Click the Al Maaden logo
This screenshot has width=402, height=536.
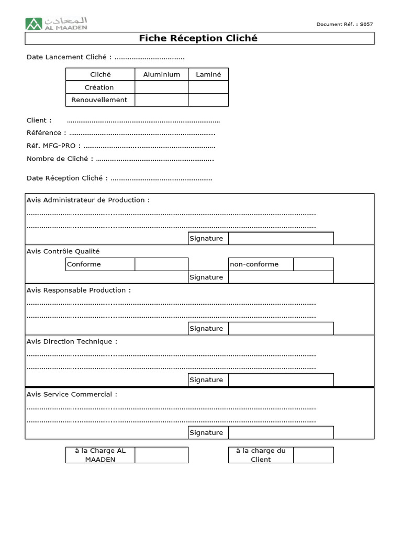[x=57, y=23]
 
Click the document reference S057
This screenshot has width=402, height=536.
[x=345, y=24]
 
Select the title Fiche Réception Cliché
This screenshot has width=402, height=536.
[x=198, y=39]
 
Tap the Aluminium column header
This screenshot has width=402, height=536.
[x=161, y=74]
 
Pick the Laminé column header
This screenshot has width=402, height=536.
[x=208, y=74]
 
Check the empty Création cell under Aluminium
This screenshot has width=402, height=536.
[x=161, y=87]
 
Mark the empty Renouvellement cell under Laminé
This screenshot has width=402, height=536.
[x=208, y=100]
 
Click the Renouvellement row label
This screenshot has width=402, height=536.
[x=99, y=100]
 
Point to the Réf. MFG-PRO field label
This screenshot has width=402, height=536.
[x=53, y=146]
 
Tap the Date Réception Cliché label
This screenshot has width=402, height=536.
[x=67, y=178]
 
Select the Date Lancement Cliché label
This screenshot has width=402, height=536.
[x=69, y=57]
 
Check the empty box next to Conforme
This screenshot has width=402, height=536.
[x=161, y=264]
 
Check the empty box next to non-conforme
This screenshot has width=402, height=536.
[x=313, y=264]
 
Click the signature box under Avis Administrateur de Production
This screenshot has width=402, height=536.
[x=281, y=239]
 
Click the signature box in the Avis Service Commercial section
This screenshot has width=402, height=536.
[x=281, y=433]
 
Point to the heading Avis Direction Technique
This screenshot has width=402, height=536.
[x=72, y=342]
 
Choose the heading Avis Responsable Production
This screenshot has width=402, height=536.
[x=79, y=291]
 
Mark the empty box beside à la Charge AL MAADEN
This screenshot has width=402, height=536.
[x=161, y=455]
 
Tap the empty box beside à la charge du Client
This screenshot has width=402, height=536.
[x=313, y=455]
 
